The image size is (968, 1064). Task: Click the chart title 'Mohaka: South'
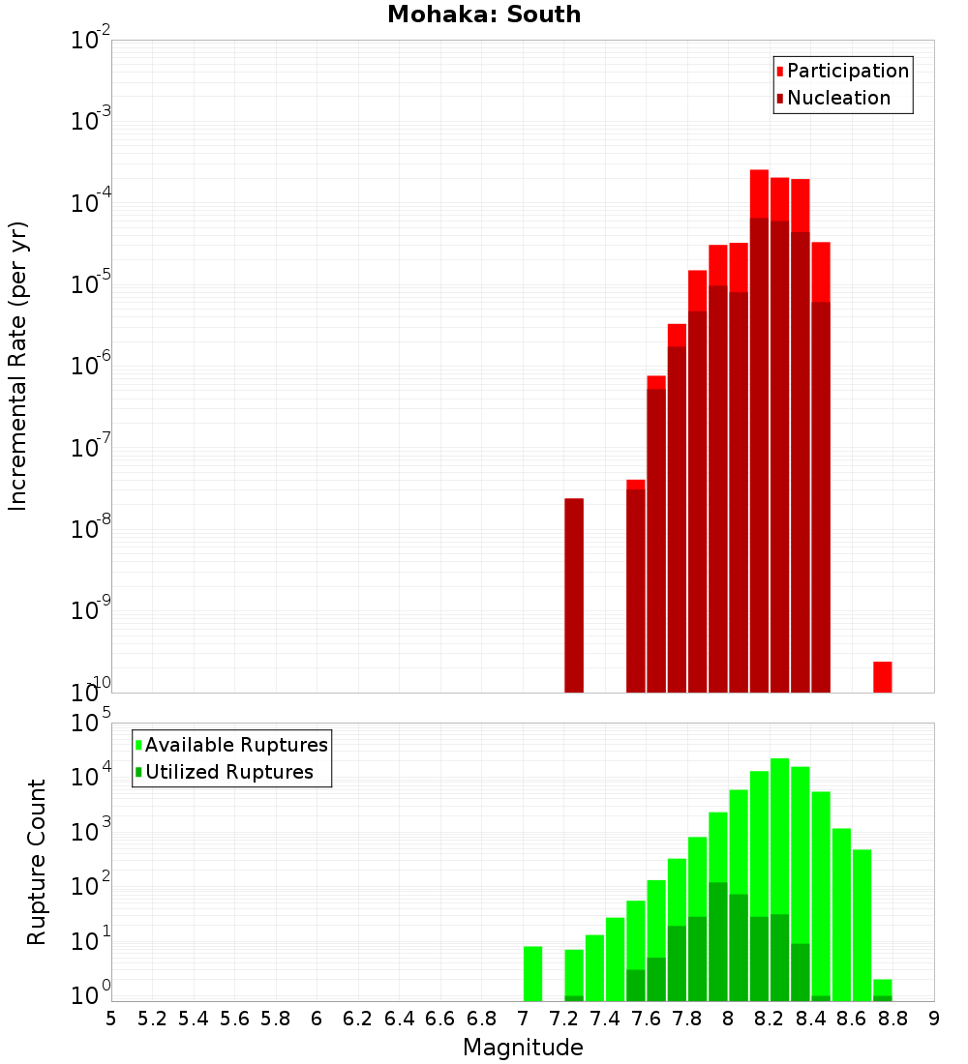coord(484,15)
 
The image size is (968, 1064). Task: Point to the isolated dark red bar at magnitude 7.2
coord(574,595)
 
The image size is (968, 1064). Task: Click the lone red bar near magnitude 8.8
coord(882,676)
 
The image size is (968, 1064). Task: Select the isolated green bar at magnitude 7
coord(532,973)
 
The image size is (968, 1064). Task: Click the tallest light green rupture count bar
coord(780,879)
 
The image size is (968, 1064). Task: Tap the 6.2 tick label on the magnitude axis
coord(358,1019)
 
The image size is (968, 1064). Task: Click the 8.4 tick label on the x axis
coord(811,1019)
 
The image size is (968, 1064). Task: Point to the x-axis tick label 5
coord(111,1019)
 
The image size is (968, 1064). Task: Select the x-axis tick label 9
coord(934,1019)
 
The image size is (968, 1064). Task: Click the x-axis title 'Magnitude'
coord(523,1048)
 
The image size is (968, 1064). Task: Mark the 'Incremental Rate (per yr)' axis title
coord(18,366)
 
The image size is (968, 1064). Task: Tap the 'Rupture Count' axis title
coord(37,862)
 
